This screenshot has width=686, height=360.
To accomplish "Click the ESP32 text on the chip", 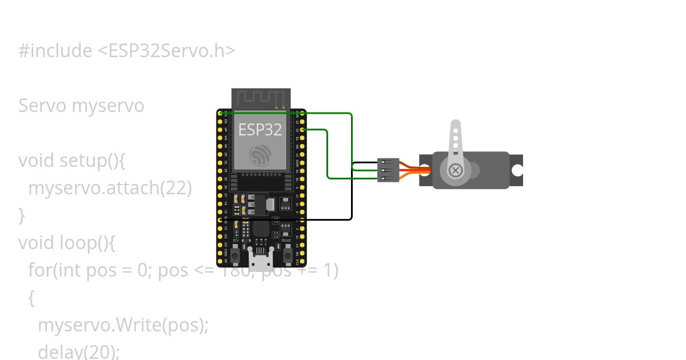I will coord(260,130).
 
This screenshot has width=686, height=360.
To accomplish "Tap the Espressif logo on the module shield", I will coord(260,155).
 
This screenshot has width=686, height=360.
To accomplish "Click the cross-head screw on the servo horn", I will coord(456,170).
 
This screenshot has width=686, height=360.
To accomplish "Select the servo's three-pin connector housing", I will coord(388,170).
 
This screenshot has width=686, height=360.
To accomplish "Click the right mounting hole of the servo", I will coord(517,170).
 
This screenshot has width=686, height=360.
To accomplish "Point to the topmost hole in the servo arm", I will coord(456,130).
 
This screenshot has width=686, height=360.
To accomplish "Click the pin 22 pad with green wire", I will coord(302,130).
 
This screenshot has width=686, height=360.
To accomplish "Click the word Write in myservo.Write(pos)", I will coord(137,325).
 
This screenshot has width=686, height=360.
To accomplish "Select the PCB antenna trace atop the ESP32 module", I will coord(261,98).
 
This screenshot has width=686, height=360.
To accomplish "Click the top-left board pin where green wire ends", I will coord(220,113).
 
